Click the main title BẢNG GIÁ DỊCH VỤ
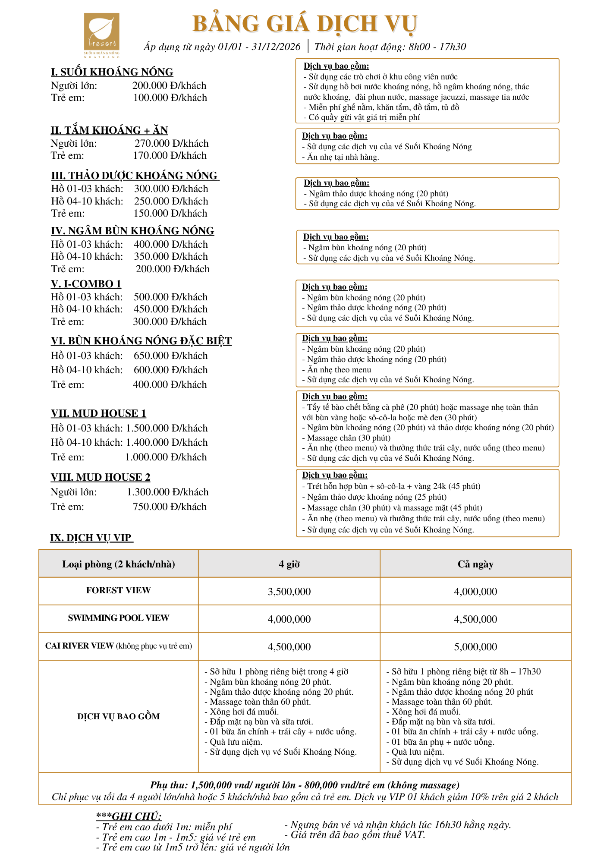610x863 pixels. pos(305,24)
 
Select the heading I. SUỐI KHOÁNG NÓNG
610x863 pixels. pos(112,72)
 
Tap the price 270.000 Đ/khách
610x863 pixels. pos(171,143)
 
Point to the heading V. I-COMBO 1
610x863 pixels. pos(86,284)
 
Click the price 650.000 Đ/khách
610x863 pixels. pos(170,356)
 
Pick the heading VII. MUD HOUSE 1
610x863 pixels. pos(98,413)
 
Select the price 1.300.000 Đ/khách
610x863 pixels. pos(167,492)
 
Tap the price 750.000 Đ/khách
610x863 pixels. pos(170,507)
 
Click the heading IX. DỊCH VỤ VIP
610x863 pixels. pos(91,538)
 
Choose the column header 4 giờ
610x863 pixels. pos(289,564)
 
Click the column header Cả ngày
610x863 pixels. pos(475,564)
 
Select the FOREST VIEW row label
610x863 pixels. pos(118,590)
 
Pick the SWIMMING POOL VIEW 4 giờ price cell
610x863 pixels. pos(289,619)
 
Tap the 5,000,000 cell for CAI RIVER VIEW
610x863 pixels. pos(475,647)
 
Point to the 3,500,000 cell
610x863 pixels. pos(289,592)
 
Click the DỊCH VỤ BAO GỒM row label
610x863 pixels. pos(118,716)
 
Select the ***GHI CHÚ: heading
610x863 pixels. pos(129,816)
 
